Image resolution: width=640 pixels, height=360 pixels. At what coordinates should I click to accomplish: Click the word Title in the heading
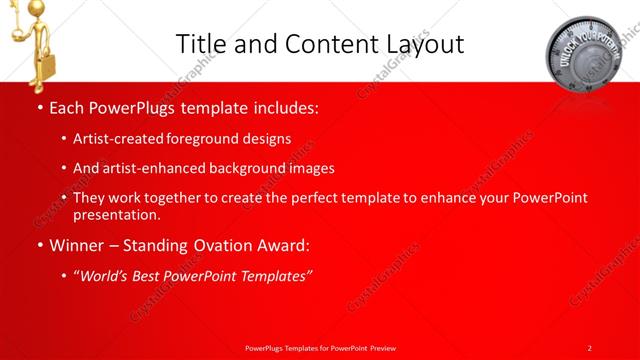click(x=199, y=43)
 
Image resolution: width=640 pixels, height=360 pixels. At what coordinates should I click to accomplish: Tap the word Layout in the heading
click(x=420, y=43)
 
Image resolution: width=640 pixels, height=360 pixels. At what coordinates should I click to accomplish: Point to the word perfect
click(x=307, y=198)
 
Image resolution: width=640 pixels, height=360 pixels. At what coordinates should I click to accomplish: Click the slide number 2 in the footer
click(x=590, y=347)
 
